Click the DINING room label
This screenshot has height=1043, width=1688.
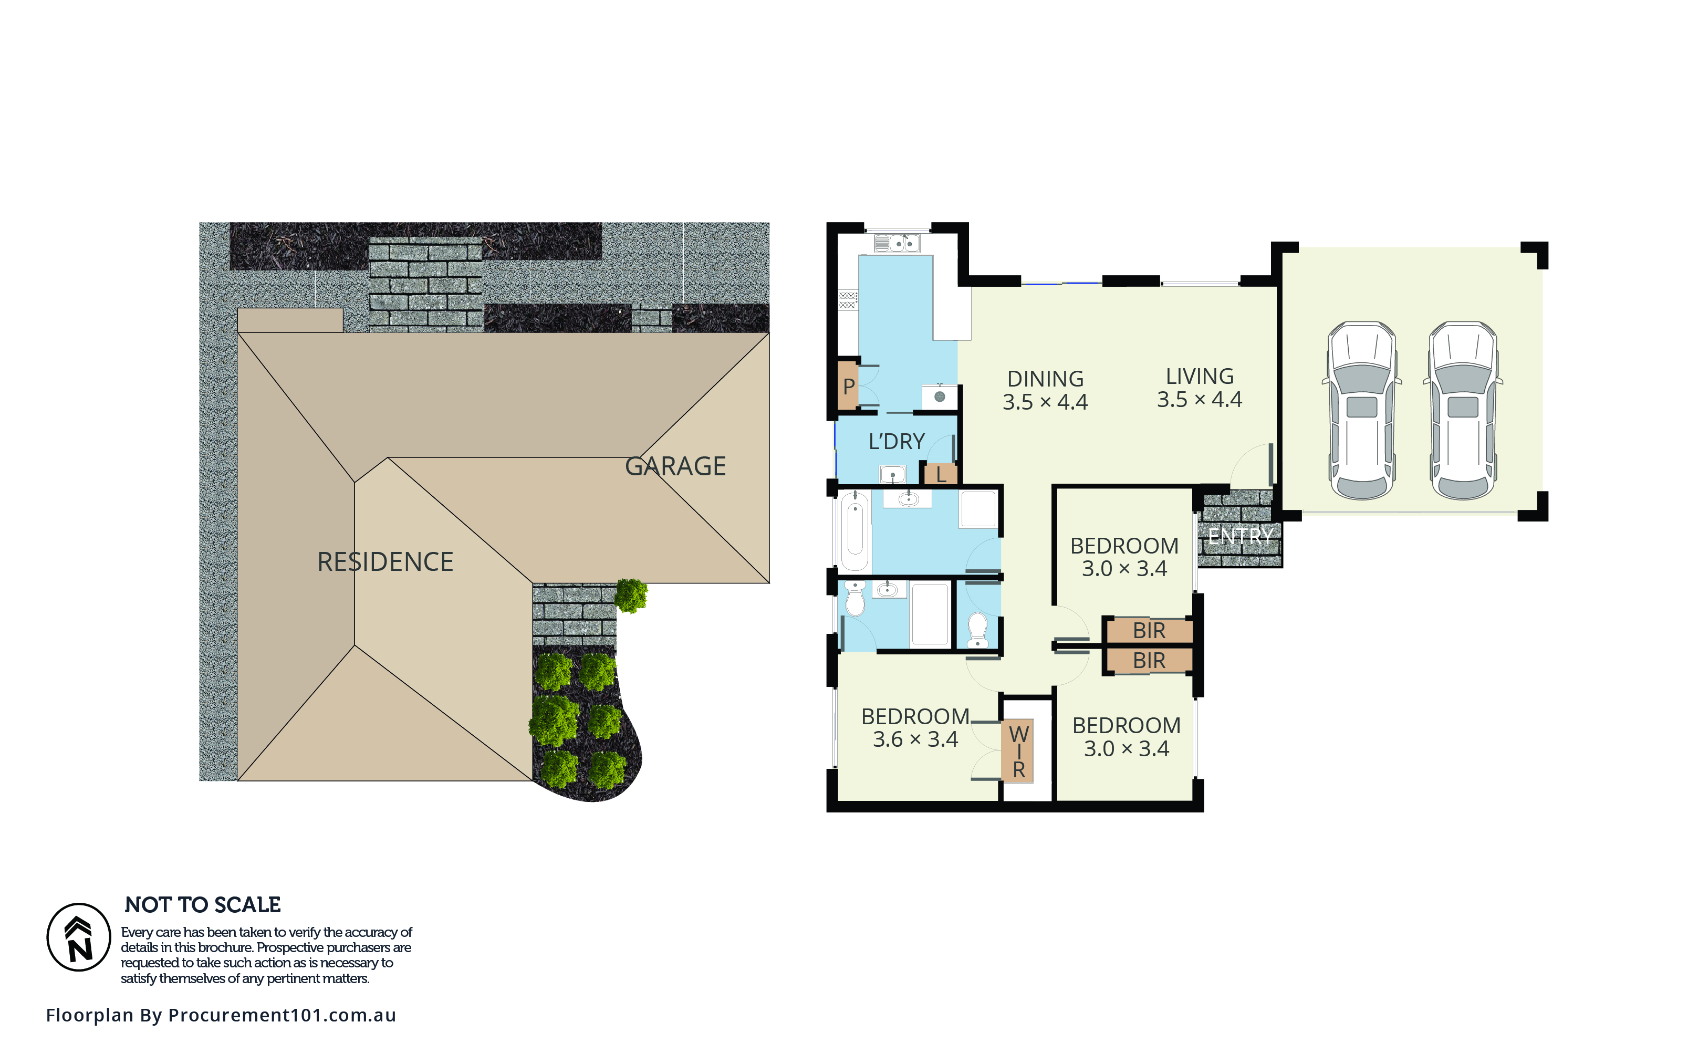click(x=1045, y=379)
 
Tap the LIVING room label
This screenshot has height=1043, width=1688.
click(x=1200, y=376)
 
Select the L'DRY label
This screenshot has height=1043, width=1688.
click(x=896, y=442)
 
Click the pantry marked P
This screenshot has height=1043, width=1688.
click(x=849, y=387)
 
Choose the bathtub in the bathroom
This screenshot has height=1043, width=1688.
click(x=855, y=531)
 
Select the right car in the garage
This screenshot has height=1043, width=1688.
click(x=1463, y=411)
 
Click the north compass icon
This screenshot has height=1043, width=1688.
click(x=79, y=937)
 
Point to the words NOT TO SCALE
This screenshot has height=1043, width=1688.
click(x=203, y=904)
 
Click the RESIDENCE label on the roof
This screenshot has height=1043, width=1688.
click(x=385, y=561)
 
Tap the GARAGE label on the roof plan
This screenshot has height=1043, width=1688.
click(x=675, y=466)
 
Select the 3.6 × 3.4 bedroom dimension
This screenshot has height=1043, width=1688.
click(x=915, y=739)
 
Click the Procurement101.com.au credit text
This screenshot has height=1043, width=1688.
click(x=221, y=1015)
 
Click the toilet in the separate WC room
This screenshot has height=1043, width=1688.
click(x=977, y=630)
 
